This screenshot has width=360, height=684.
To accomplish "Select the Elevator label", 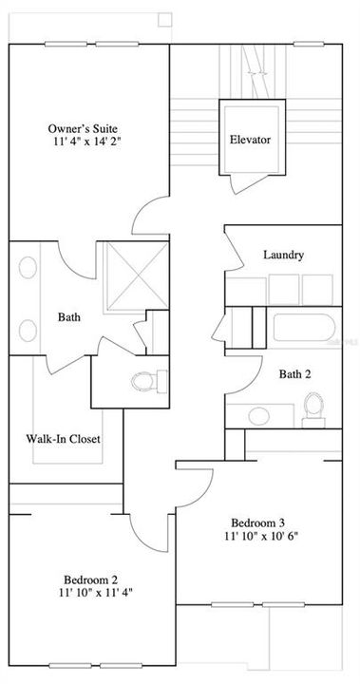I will click(250, 140).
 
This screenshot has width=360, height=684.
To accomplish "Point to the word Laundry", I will click(283, 255).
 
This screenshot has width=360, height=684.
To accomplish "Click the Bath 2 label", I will click(294, 374).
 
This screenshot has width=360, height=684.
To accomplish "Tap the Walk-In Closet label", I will click(63, 439).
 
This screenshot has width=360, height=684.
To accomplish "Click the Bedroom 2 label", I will click(91, 579).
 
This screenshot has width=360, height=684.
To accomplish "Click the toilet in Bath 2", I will click(310, 407).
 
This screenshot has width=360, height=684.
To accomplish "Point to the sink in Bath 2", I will click(254, 415).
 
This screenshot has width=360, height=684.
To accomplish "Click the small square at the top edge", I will click(165, 18).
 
